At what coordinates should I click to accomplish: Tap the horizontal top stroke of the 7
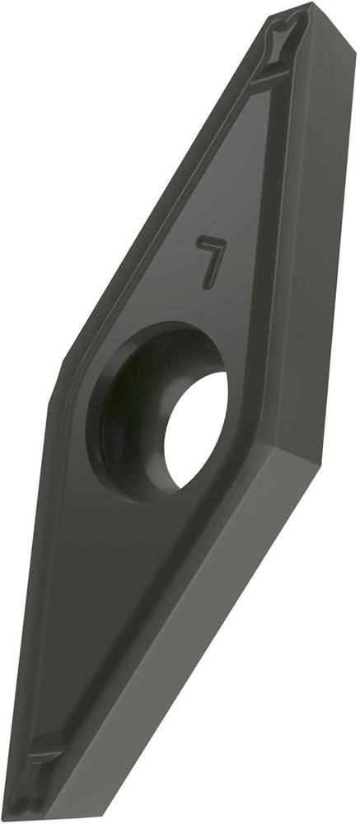[211, 241]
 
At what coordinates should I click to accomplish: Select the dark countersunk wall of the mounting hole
[126, 415]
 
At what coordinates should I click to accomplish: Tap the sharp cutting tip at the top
[310, 4]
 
